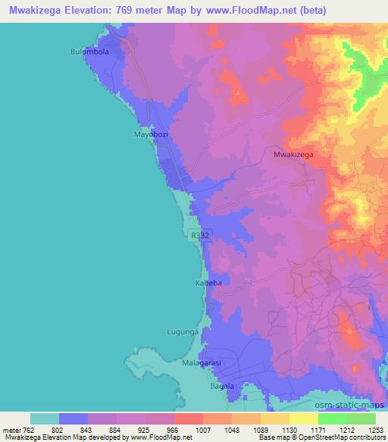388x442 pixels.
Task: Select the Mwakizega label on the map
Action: click(293, 153)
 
